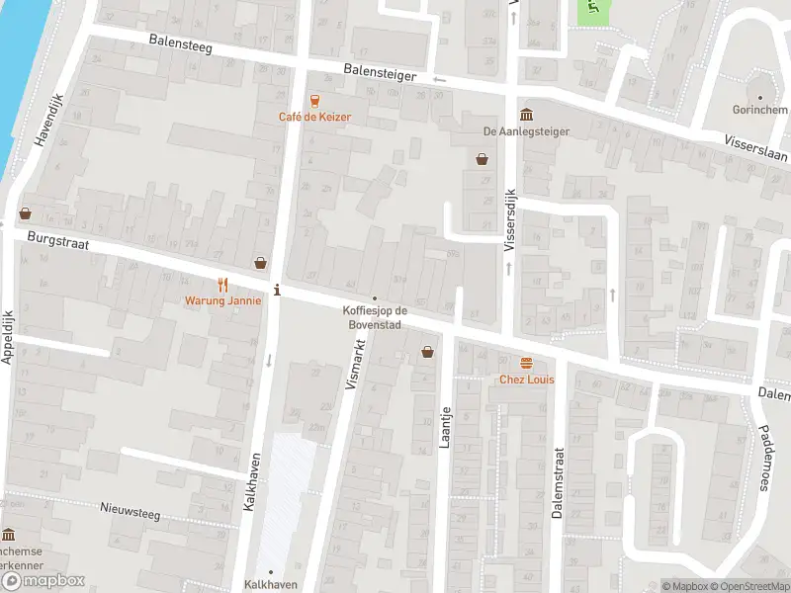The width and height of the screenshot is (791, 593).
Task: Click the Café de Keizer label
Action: click(x=314, y=117)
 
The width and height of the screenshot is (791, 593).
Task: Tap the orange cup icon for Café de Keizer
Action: click(x=314, y=100)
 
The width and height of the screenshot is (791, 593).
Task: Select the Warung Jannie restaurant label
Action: click(x=222, y=300)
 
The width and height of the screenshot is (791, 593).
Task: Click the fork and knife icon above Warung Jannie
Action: click(x=222, y=284)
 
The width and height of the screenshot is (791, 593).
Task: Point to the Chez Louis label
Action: click(x=525, y=380)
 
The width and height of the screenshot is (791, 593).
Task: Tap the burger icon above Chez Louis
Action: click(x=525, y=363)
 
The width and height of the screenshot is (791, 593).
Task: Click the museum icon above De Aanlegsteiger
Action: click(x=525, y=113)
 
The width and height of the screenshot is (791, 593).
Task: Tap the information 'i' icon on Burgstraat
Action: click(x=277, y=290)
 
